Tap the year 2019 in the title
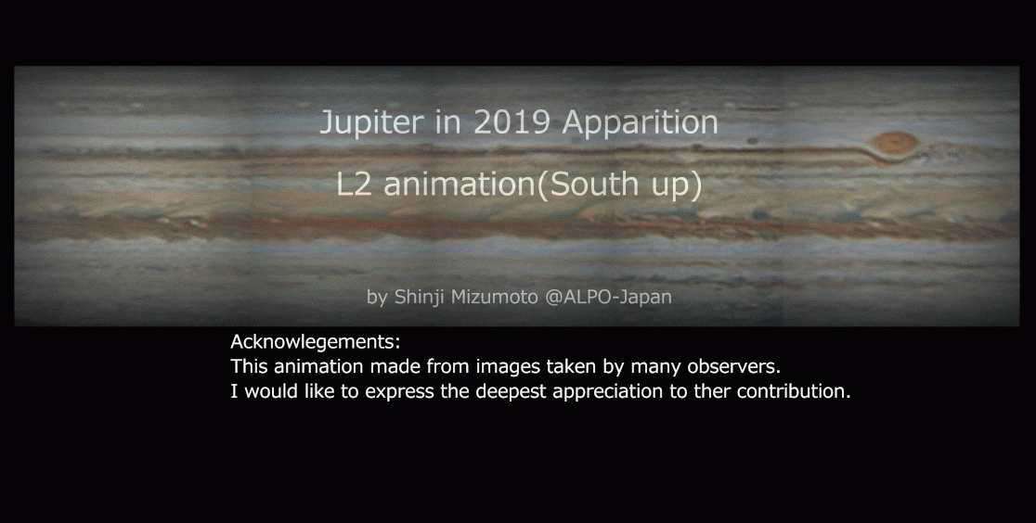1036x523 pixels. coord(512,121)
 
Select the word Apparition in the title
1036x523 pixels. coord(640,122)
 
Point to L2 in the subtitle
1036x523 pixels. coord(354,185)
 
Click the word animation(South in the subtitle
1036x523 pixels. coord(512,185)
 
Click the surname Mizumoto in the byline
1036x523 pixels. coord(494,297)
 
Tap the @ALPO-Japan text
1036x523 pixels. coord(608,297)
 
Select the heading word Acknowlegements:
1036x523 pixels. coord(315,342)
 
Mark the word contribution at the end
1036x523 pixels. coord(792,391)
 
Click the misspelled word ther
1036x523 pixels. coord(710,391)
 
